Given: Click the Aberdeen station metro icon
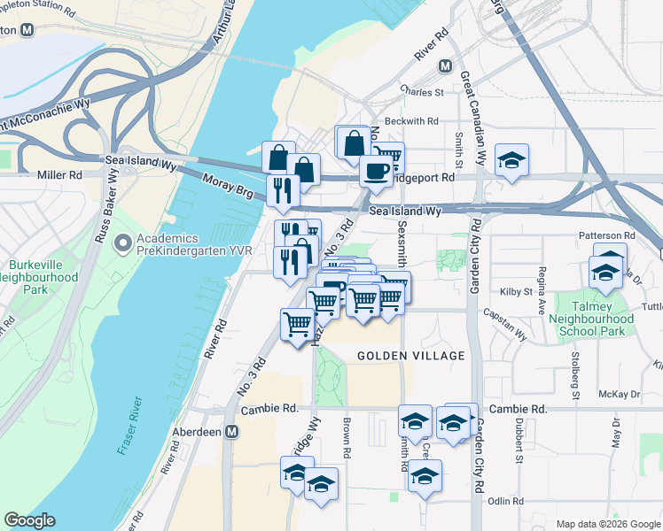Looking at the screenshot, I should coord(231,431).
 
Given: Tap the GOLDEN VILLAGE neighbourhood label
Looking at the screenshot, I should coord(410,356).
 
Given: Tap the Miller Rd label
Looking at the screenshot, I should coord(59,175).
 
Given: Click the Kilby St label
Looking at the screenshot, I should coord(515,291).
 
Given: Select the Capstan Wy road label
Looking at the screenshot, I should coord(504,312).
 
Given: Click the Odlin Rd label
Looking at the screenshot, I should coord(505,501).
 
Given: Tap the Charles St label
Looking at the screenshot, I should coord(421,92).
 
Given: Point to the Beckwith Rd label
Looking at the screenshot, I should coord(410,121).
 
